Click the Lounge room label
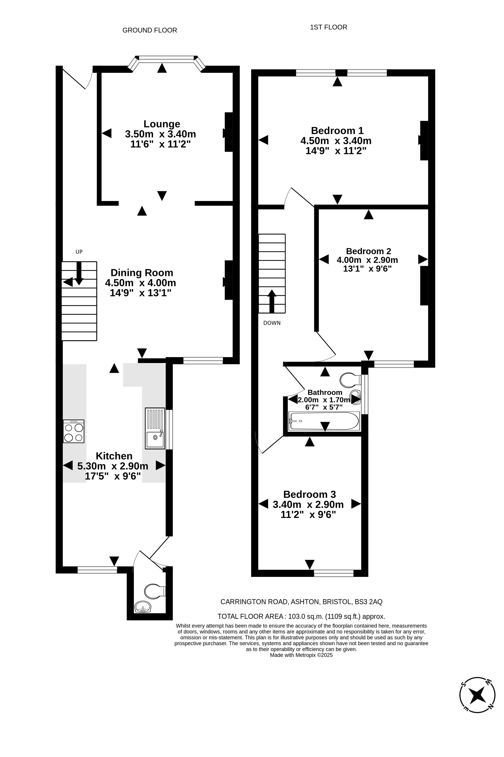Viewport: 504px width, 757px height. pyautogui.click(x=162, y=124)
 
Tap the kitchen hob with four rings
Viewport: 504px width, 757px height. pyautogui.click(x=74, y=431)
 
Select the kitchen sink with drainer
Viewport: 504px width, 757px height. pyautogui.click(x=155, y=428)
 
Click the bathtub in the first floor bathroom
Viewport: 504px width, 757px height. pyautogui.click(x=324, y=421)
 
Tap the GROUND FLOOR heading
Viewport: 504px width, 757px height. pyautogui.click(x=150, y=30)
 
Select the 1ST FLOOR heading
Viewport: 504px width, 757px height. pyautogui.click(x=329, y=27)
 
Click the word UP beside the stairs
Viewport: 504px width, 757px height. pyautogui.click(x=79, y=252)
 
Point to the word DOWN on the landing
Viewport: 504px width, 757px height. pyautogui.click(x=272, y=323)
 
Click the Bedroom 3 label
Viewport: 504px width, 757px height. pyautogui.click(x=310, y=494)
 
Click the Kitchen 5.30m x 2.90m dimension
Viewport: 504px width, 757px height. pyautogui.click(x=113, y=466)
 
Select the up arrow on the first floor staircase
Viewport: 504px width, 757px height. pyautogui.click(x=272, y=301)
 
